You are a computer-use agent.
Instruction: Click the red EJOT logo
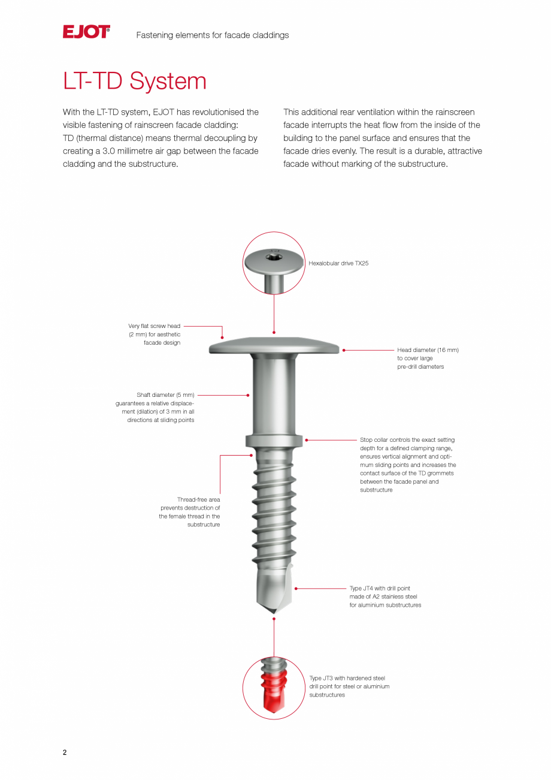tap(86, 32)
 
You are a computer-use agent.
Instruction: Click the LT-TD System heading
tap(135, 82)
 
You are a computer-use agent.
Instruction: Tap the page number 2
tap(65, 752)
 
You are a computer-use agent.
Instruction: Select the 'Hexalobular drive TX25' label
tap(338, 263)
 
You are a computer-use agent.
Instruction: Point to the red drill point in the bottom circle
tap(274, 692)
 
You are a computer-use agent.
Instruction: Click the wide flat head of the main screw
tap(274, 346)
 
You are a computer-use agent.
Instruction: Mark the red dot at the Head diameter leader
tap(344, 350)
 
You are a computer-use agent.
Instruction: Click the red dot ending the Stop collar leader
tap(307, 440)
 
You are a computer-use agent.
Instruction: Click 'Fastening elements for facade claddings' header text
tap(213, 35)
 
